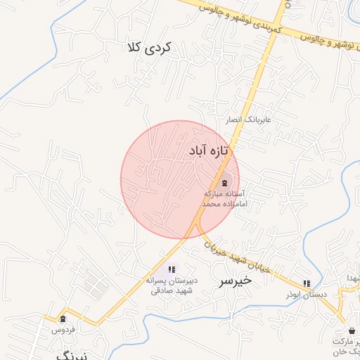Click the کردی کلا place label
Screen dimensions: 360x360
[x=150, y=48]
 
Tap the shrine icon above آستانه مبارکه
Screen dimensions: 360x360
[x=224, y=182]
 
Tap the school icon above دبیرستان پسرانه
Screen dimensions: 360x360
[x=172, y=269]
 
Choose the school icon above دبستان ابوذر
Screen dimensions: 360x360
[x=307, y=283]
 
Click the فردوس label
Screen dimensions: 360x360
[x=63, y=329]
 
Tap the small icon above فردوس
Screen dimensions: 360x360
[x=63, y=319]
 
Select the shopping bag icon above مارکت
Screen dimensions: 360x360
[x=352, y=330]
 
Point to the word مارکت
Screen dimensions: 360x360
[x=346, y=340]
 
